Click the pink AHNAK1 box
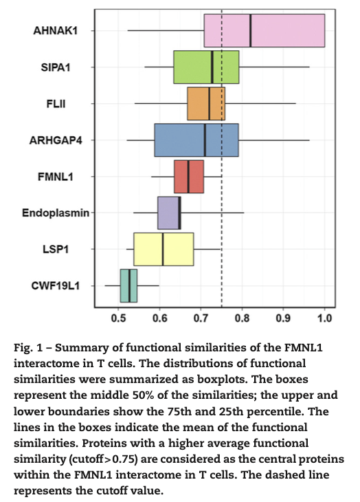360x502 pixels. pos(265,30)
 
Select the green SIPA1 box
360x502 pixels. pos(206,67)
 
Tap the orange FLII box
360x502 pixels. pos(206,103)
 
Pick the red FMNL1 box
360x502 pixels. pos(189,177)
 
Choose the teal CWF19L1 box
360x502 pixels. pos(128,285)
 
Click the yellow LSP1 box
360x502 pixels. pos(164,249)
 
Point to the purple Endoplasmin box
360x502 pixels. pos(169,212)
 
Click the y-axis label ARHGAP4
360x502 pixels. pos(56,140)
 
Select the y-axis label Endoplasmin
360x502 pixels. pos(56,212)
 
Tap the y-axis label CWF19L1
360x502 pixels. pos(56,285)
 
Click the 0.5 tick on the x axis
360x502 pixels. pos(119,318)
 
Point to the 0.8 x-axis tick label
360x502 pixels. pos(242,318)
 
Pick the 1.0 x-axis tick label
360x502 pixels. pos(324,318)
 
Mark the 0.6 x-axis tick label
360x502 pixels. pos(160,318)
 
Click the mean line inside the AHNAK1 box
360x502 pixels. pos(250,30)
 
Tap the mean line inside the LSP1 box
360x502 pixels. pos(163,249)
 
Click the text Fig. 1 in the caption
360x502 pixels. pos(28,348)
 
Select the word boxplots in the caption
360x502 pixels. pos(221,380)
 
